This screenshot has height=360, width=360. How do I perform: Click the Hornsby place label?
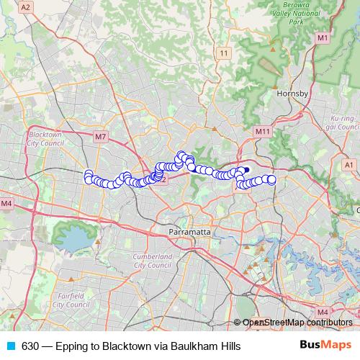pos(292,94)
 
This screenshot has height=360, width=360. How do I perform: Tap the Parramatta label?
pos(189,233)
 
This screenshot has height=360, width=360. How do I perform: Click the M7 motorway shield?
pos(100,135)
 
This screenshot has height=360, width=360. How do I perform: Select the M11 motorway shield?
pos(261,132)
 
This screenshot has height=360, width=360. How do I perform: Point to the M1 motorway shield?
pos(322,37)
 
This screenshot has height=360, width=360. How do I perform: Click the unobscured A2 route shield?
pos(26,6)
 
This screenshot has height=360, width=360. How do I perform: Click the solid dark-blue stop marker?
pos(246,170)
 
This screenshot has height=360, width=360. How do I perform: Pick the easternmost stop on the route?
pos(272,179)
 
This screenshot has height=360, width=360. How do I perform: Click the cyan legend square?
pos(10,346)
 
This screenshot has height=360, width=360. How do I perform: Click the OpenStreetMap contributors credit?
pos(297,323)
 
